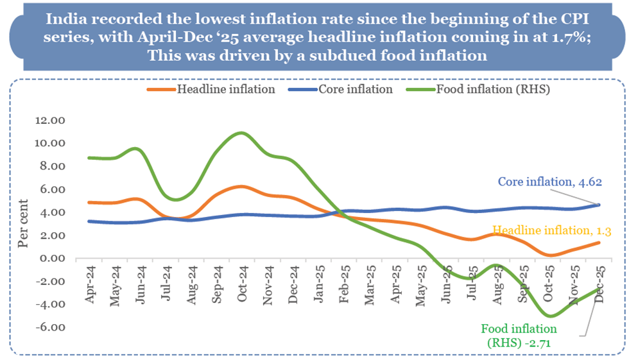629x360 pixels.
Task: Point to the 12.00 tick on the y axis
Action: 51,120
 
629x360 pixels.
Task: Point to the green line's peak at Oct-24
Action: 241,133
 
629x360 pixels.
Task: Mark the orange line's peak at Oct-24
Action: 241,186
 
